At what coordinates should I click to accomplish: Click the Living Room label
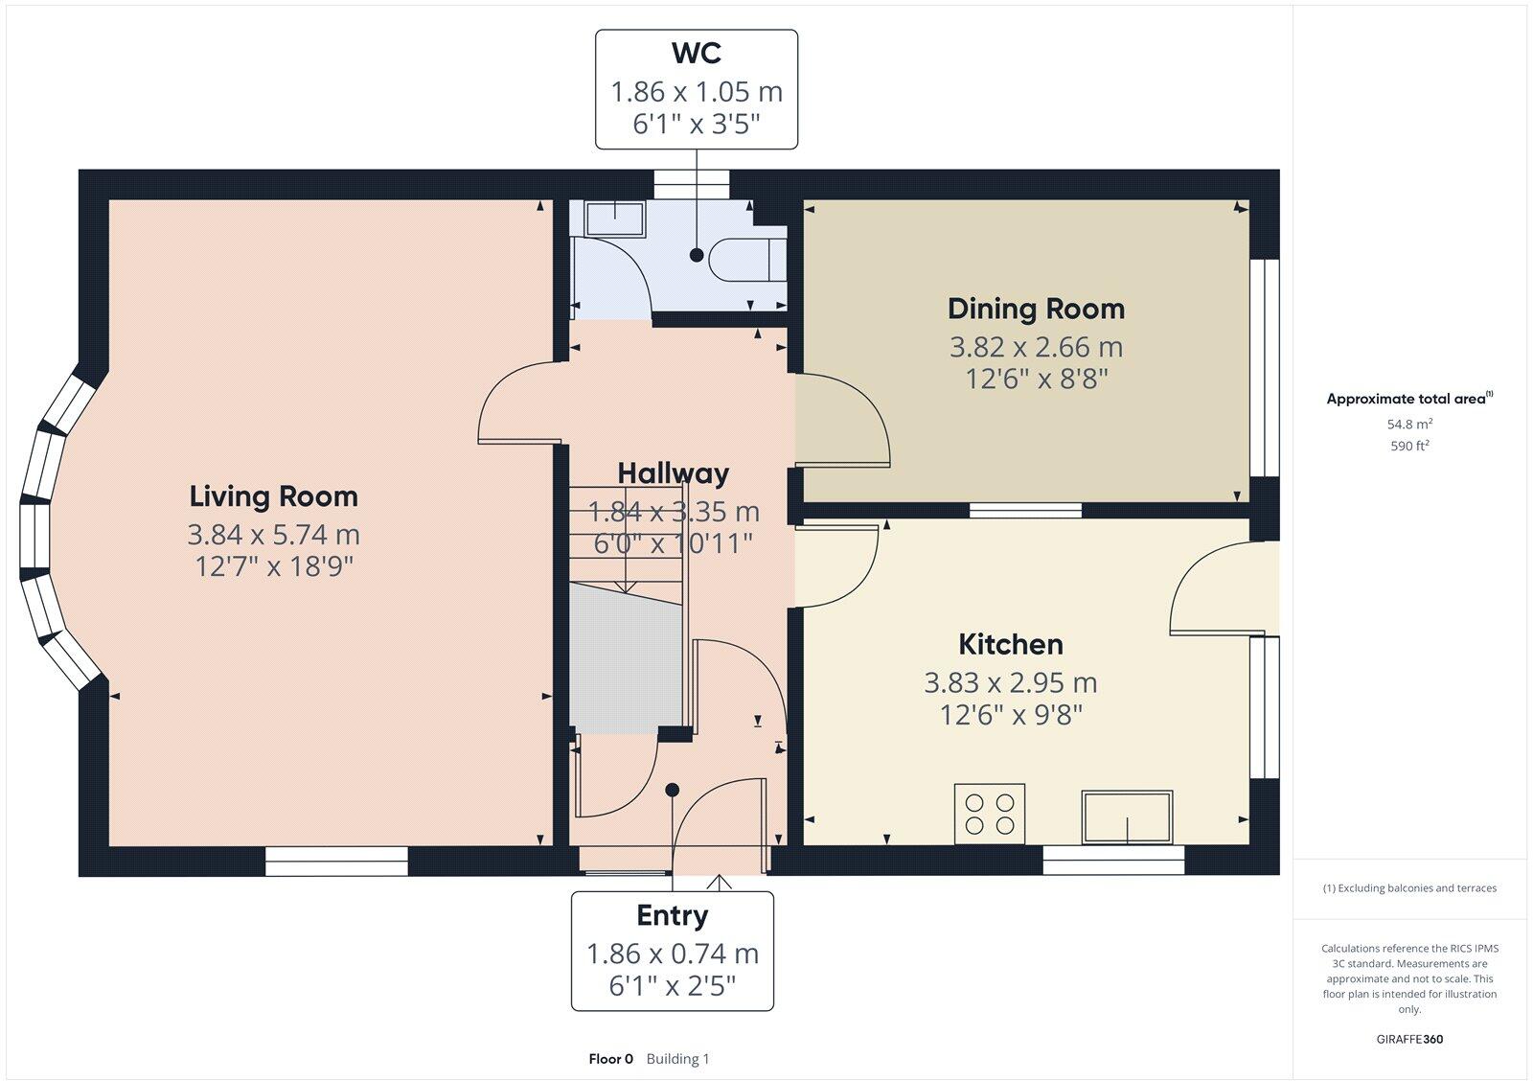[x=273, y=496]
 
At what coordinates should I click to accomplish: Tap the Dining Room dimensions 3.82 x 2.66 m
[x=1036, y=347]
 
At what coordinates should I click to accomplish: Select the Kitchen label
[x=1011, y=644]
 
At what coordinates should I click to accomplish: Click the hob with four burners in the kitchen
[x=990, y=815]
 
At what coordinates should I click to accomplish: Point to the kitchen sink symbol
[x=1127, y=817]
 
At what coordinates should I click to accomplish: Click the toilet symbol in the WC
[x=747, y=259]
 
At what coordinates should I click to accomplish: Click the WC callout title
[x=697, y=53]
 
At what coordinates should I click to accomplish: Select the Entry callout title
[x=672, y=916]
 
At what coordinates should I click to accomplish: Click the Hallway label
[x=673, y=473]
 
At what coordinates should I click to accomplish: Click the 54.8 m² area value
[x=1409, y=424]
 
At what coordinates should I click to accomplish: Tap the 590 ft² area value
[x=1409, y=446]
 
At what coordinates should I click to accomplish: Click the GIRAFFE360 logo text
[x=1409, y=1039]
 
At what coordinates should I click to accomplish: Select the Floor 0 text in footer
[x=610, y=1059]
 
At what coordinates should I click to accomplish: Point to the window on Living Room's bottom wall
[x=336, y=862]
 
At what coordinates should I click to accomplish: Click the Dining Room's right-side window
[x=1265, y=368]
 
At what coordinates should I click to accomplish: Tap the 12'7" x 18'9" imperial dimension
[x=274, y=567]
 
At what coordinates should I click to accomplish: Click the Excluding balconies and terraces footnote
[x=1409, y=888]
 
